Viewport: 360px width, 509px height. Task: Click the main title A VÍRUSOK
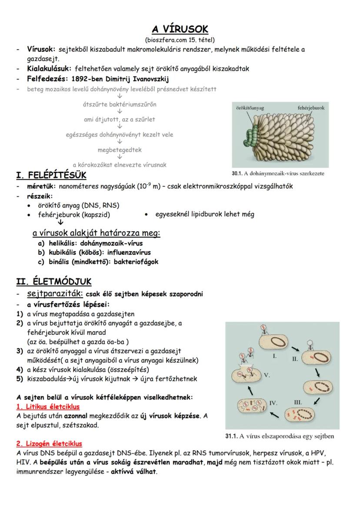(180, 30)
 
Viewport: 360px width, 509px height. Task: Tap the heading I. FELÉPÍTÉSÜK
(51, 176)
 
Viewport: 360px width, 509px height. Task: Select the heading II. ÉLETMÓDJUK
(53, 282)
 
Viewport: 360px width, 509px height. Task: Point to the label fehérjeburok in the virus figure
(313, 107)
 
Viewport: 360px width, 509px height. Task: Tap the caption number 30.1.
(237, 173)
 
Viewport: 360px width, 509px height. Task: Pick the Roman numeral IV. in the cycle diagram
(273, 403)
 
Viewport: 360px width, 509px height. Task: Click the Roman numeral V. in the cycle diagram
(267, 374)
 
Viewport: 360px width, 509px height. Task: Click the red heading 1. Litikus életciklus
(48, 407)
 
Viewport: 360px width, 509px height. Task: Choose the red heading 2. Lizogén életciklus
(49, 444)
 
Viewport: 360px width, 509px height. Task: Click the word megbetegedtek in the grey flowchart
(120, 150)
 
